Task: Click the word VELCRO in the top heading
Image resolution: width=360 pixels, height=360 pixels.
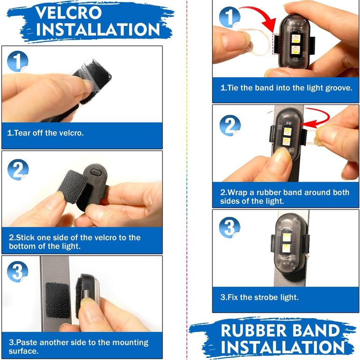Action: tap(68, 13)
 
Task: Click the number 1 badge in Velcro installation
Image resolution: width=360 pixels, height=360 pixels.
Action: tap(18, 61)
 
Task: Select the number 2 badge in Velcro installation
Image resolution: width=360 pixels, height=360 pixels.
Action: tap(18, 170)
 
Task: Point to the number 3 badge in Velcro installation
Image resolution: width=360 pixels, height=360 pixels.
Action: tap(18, 272)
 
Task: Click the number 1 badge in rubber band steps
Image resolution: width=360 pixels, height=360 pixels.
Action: tap(229, 17)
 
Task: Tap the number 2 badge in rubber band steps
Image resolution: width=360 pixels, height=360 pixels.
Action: tap(230, 126)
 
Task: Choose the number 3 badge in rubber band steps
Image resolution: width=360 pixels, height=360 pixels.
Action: tap(229, 228)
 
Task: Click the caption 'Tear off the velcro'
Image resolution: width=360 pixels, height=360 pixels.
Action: tap(45, 133)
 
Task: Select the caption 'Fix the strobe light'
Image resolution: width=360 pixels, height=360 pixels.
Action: tap(260, 297)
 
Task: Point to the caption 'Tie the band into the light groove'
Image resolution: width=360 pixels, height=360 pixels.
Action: tap(286, 88)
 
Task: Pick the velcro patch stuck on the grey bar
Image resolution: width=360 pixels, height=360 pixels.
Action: tap(58, 300)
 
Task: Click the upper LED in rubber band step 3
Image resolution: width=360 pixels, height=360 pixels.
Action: tap(286, 237)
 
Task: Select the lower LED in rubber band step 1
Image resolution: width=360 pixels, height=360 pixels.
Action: tap(295, 50)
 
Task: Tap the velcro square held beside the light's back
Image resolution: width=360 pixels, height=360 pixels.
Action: tap(73, 187)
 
